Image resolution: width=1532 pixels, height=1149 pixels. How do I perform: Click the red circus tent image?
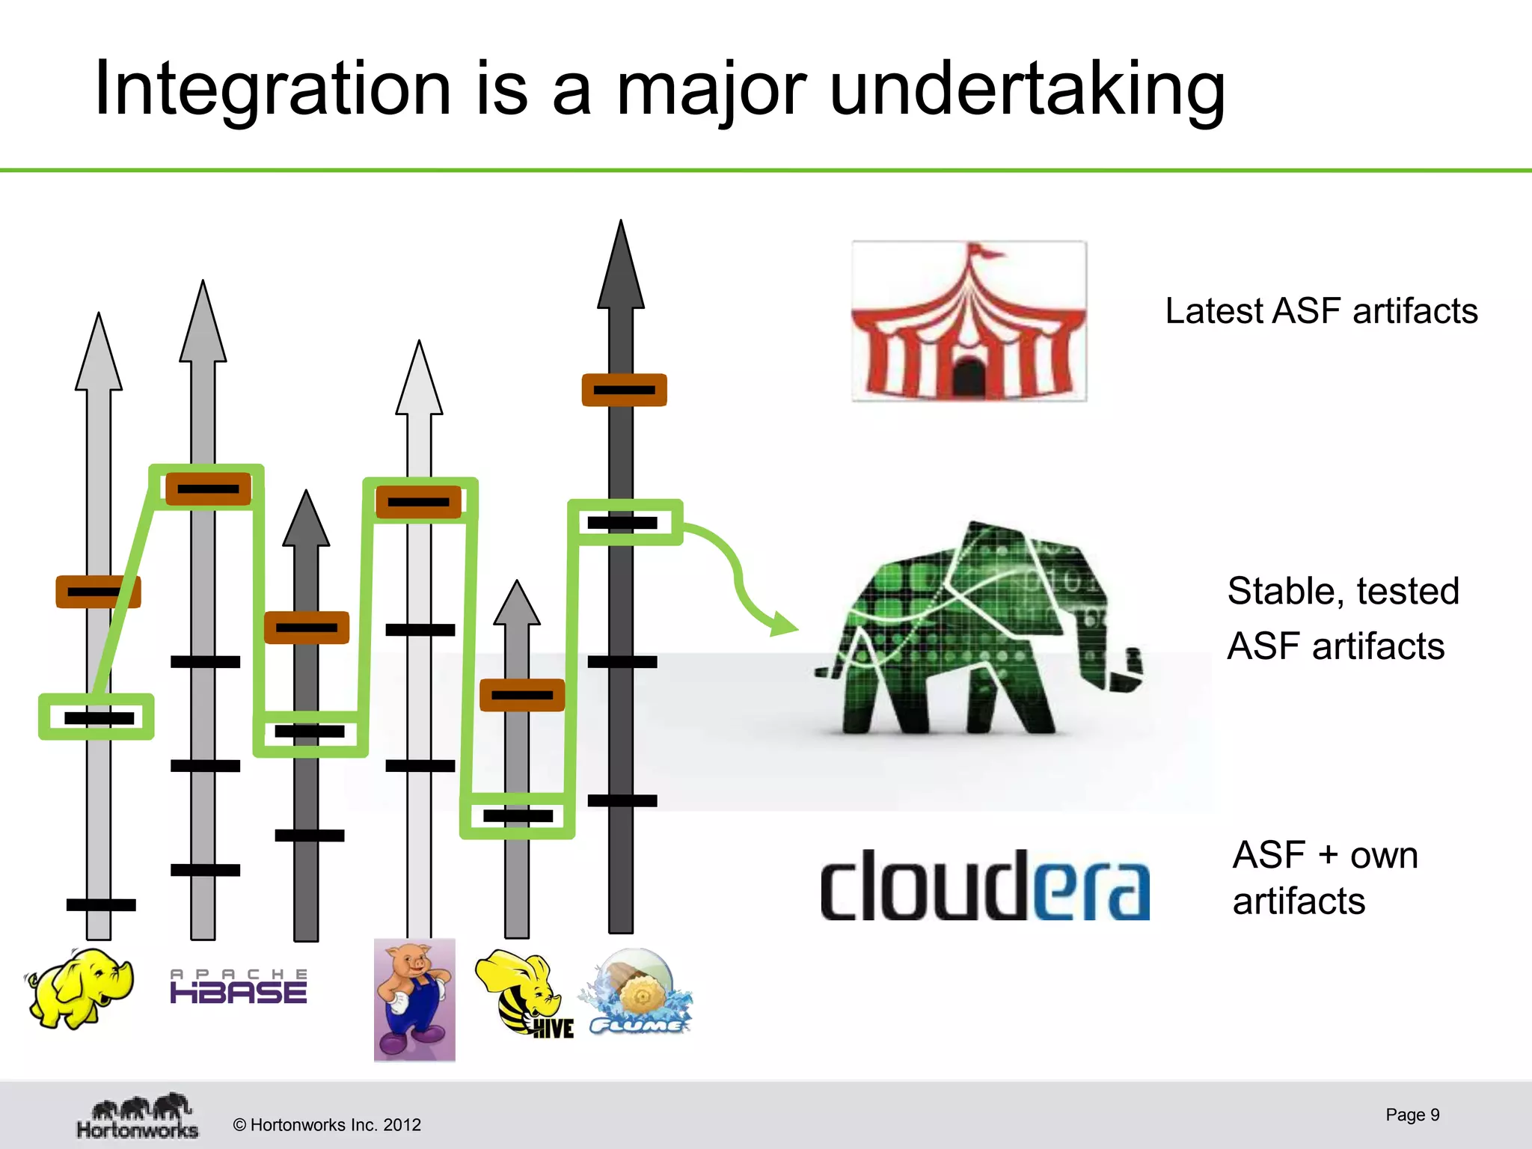(969, 322)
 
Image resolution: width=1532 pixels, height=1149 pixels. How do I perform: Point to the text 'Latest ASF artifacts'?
(1321, 311)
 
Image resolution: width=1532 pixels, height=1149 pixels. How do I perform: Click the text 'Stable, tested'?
(1343, 591)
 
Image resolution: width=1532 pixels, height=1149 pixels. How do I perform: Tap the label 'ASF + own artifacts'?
(1324, 877)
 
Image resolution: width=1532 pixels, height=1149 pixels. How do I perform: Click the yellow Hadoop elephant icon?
(81, 987)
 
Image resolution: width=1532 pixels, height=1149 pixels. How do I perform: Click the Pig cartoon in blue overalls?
(414, 999)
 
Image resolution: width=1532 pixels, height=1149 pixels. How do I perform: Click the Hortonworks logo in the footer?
(138, 1117)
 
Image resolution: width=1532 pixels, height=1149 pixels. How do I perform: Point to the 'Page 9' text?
(1412, 1115)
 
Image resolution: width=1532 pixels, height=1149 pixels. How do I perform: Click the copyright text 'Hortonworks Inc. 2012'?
(327, 1124)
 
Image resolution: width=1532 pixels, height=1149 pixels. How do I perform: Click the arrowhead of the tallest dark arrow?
(620, 269)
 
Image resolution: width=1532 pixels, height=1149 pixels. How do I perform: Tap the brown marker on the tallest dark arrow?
(624, 390)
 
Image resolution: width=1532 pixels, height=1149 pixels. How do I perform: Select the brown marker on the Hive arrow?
(521, 695)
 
